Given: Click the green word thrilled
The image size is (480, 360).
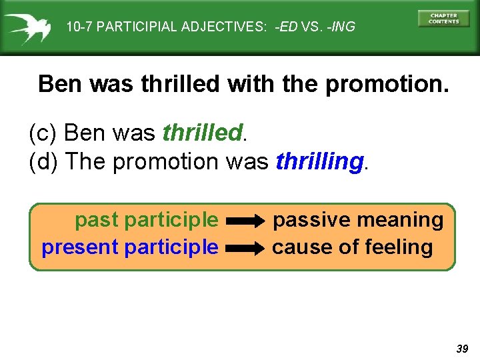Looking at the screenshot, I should click(202, 133).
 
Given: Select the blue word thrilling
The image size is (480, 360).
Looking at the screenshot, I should click(319, 161).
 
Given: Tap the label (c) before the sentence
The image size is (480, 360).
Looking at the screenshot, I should click(44, 133).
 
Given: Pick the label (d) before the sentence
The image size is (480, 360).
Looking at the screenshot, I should click(44, 161).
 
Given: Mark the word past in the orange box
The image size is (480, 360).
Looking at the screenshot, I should click(97, 219).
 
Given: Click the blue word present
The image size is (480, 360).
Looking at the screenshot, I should click(80, 247).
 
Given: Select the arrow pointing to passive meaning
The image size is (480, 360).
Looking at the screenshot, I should click(245, 221).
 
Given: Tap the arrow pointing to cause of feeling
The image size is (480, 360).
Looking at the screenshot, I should click(245, 248).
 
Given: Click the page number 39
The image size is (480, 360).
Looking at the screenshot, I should click(462, 349).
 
